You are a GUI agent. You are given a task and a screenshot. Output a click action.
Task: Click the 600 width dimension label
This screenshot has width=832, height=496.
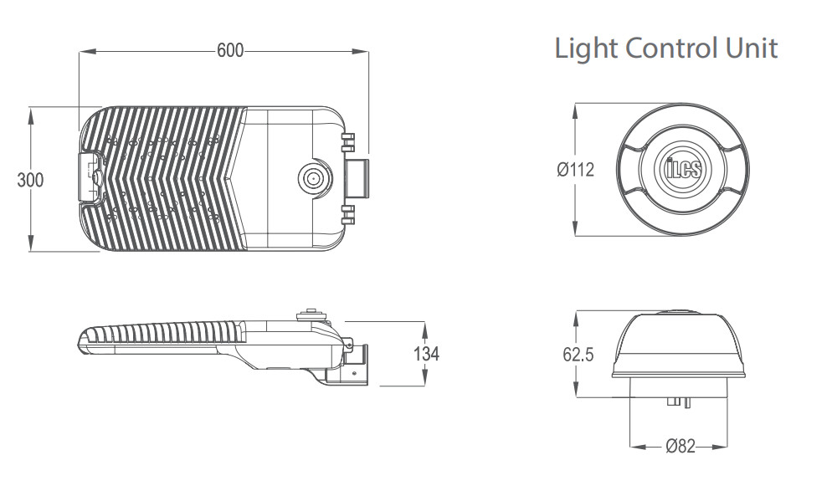pos(230,50)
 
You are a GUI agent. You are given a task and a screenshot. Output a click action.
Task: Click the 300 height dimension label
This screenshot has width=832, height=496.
pos(30,180)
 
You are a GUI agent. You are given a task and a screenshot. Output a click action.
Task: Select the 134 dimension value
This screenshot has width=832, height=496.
pos(427,353)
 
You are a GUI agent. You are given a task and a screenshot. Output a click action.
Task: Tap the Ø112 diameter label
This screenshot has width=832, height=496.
pos(576,170)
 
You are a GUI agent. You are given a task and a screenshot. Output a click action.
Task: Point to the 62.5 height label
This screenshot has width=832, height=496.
pos(578,355)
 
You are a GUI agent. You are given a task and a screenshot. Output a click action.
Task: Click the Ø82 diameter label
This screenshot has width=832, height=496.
pos(680,446)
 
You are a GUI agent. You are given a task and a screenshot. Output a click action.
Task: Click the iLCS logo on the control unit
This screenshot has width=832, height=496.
pos(683,169)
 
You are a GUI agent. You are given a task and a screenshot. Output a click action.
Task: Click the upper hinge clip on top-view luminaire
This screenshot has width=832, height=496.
pos(347,143)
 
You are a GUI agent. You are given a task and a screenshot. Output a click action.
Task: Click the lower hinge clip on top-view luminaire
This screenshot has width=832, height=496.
pos(347,215)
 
